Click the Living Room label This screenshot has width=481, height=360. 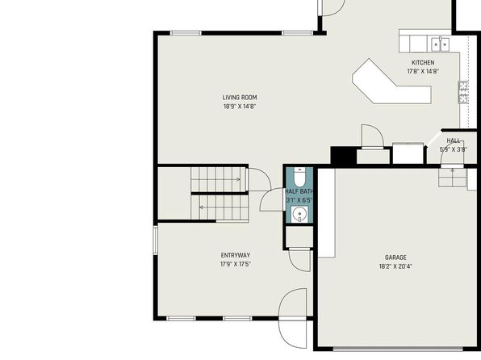tap(240, 98)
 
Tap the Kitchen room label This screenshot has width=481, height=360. tap(423, 63)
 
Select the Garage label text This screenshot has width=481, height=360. tap(395, 257)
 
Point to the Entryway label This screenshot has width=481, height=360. tap(236, 255)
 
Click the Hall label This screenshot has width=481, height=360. tap(453, 140)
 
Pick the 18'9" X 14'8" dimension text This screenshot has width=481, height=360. tap(240, 107)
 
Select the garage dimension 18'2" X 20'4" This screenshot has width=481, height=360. tap(395, 266)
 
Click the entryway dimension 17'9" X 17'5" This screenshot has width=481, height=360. tap(236, 264)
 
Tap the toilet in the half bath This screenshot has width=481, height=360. tap(299, 177)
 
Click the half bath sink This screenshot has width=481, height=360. tap(299, 214)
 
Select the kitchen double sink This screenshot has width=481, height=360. tap(440, 44)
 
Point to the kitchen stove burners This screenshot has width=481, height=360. tap(463, 92)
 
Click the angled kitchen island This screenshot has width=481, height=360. tap(391, 82)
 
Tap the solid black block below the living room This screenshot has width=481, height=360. tap(343, 156)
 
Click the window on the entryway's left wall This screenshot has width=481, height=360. tap(155, 240)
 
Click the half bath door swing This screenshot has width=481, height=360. tap(272, 199)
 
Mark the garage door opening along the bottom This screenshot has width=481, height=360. tap(398, 349)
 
